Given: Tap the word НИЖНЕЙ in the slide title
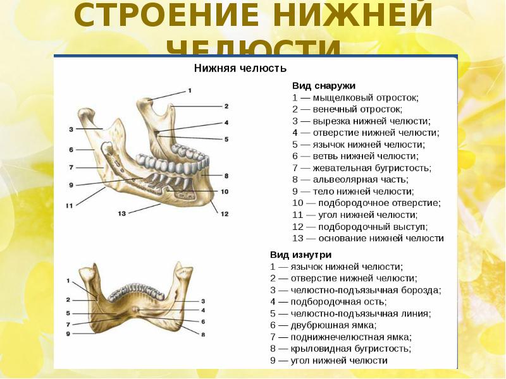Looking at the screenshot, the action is pos(343,18).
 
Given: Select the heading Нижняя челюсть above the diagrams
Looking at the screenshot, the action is pos(240,68).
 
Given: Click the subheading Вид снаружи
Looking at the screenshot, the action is pos(323,85).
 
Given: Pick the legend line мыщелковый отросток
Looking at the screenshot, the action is pos(355,97).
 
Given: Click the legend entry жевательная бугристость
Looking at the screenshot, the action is pos(361,168).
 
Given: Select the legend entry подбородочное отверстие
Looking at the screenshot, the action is pos(366,203).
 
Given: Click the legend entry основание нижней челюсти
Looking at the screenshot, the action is pos(367,239).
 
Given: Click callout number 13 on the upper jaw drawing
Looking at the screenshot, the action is pos(122,214).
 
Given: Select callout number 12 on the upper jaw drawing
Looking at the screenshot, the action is pos(223,214).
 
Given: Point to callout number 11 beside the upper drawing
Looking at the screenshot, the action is pos(70,205).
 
